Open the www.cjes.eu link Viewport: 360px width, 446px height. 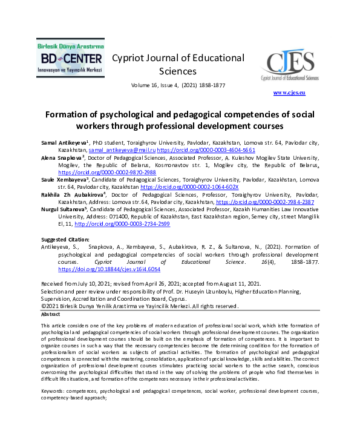pyautogui.click(x=289, y=93)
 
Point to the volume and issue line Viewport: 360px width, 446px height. pyautogui.click(x=178, y=85)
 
